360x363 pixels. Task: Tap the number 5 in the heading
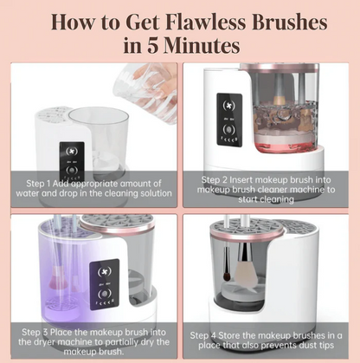(153, 45)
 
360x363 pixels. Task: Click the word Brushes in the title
(290, 23)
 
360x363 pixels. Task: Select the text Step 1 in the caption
(38, 184)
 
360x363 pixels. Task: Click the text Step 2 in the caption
(214, 179)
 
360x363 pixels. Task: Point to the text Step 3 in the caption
(35, 332)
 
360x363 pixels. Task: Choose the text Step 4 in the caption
(202, 335)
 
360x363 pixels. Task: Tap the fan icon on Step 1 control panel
(72, 152)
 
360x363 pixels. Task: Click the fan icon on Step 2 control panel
(228, 106)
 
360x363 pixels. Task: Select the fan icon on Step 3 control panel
(105, 272)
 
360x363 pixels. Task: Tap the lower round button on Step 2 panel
(228, 129)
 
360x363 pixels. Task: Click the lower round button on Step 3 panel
(105, 295)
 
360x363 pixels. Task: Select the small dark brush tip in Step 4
(227, 276)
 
